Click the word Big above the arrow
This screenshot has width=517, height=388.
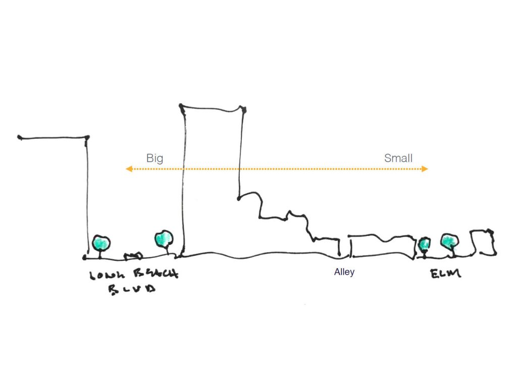(154, 158)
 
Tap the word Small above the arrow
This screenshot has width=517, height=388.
(398, 158)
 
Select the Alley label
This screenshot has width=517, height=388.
(344, 272)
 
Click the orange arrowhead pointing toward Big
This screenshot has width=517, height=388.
(129, 169)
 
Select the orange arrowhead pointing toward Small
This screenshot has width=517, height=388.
(426, 169)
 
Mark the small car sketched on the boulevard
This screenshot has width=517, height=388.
(134, 255)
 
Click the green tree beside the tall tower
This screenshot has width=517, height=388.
(164, 238)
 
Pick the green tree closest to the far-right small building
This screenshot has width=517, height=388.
(449, 241)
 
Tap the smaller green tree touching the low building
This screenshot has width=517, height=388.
(425, 244)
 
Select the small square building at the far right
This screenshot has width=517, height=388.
(482, 243)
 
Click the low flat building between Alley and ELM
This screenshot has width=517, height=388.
(381, 247)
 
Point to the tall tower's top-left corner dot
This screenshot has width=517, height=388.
(181, 106)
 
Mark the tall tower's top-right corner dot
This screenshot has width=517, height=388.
(243, 109)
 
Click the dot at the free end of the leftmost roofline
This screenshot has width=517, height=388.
(19, 137)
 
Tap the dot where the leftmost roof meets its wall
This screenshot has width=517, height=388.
(87, 137)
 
